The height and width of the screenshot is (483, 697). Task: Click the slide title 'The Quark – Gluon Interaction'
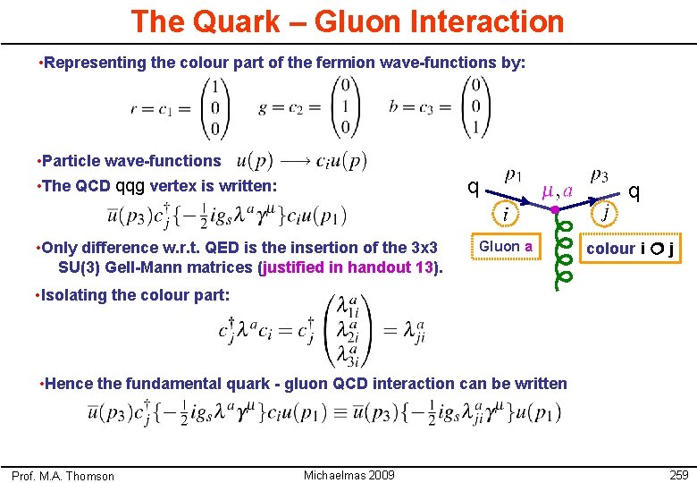point(348,21)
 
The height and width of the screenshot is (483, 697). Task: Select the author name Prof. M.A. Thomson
point(63,476)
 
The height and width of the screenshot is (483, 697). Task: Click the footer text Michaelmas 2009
point(348,474)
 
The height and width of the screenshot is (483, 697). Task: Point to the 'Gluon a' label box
point(506,246)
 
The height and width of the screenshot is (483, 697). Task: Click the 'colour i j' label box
point(630,248)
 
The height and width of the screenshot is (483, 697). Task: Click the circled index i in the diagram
point(505,214)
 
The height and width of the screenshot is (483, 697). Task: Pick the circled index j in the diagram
point(605,213)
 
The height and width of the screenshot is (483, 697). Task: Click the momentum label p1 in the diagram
point(514,175)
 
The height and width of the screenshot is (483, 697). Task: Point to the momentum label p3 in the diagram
point(600,175)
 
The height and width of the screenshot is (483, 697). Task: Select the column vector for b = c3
point(476,108)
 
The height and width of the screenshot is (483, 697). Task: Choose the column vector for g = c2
point(345,108)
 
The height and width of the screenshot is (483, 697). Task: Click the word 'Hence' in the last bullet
point(68,384)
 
